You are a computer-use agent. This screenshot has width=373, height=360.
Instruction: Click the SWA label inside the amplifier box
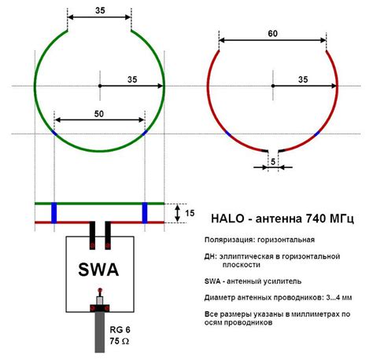click(98, 270)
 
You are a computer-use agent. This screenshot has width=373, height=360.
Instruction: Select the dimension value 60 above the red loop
click(273, 34)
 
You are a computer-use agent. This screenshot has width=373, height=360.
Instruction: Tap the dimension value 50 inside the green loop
click(99, 114)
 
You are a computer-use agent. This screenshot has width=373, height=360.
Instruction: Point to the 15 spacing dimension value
click(190, 213)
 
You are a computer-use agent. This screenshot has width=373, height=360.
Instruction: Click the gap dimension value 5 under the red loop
click(273, 162)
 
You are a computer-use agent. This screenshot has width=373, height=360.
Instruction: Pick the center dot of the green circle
click(100, 86)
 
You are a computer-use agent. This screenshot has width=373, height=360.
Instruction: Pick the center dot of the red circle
click(273, 86)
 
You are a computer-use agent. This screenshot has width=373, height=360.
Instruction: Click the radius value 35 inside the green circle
click(132, 79)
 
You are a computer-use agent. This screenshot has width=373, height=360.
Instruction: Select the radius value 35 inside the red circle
click(303, 79)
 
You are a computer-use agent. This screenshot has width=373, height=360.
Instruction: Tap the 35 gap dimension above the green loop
click(100, 10)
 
